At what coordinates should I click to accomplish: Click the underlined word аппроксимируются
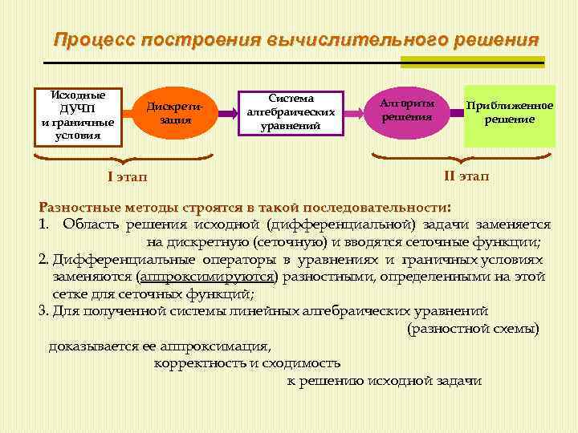208,277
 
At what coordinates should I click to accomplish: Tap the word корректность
200,363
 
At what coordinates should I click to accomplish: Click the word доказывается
96,346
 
